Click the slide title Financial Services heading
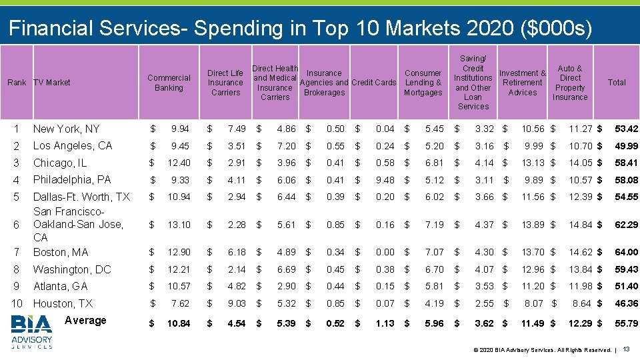[300, 29]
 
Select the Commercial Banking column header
[169, 83]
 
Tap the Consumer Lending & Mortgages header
[423, 83]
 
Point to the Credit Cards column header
[373, 83]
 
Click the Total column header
[617, 83]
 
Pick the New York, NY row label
[66, 129]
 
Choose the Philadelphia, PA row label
[72, 179]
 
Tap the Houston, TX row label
[63, 303]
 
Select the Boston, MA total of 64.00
[626, 252]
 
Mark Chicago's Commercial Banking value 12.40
[179, 163]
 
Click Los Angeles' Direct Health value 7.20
[286, 145]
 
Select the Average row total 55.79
[626, 323]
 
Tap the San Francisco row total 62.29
[626, 225]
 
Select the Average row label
[85, 321]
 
